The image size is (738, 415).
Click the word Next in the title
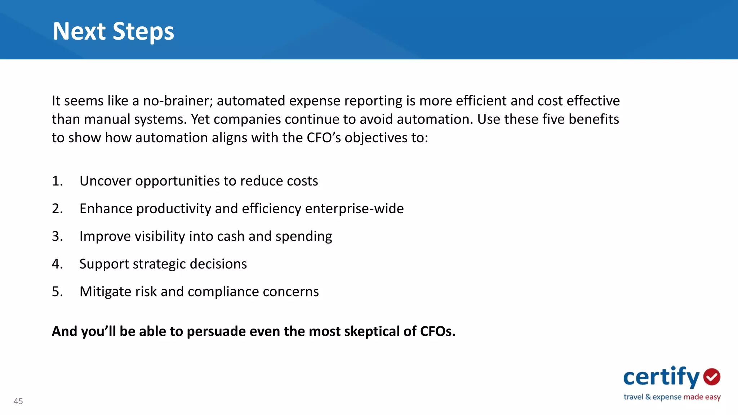click(x=79, y=31)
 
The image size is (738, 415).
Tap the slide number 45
click(x=18, y=401)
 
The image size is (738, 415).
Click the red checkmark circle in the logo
click(x=712, y=377)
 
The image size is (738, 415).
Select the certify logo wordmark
click(x=661, y=377)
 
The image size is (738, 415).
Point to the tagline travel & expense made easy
click(x=672, y=397)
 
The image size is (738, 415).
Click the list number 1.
click(x=57, y=181)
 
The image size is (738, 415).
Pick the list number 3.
click(x=57, y=236)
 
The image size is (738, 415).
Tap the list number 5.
click(x=57, y=291)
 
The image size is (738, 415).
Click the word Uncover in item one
click(x=105, y=181)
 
